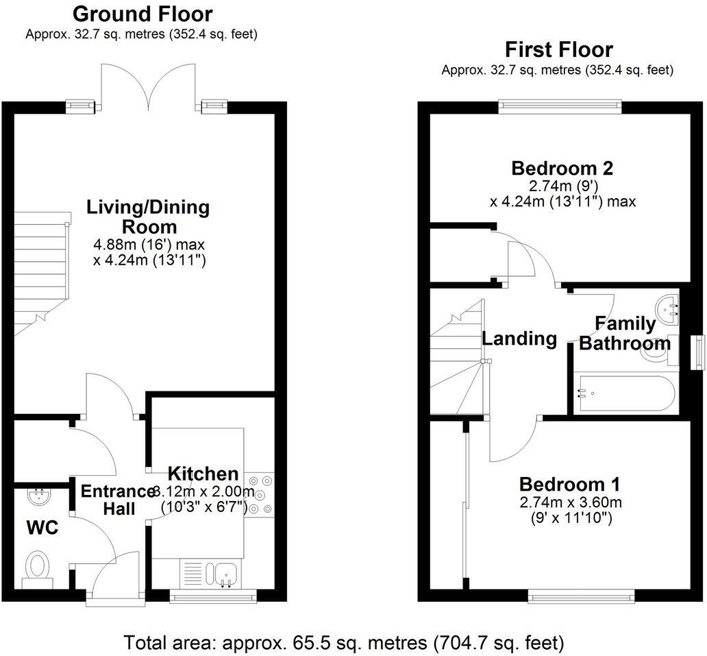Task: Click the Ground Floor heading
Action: point(142,14)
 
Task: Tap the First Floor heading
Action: point(558,49)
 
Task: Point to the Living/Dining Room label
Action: point(148,217)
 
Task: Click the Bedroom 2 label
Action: point(562,168)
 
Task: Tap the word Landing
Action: point(519,338)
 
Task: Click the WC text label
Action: point(42,528)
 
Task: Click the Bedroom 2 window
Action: point(560,106)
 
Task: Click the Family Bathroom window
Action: point(697,352)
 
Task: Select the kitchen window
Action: point(213,598)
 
